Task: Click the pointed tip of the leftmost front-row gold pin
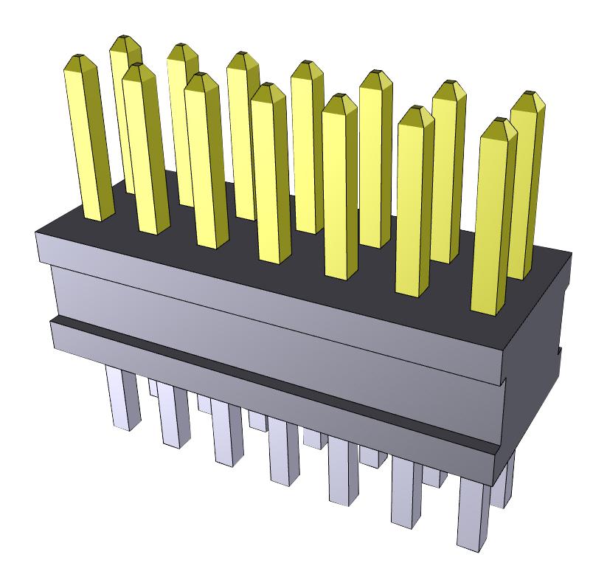coord(78,60)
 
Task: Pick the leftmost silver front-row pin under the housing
coord(122,398)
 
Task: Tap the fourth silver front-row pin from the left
coord(283,450)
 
